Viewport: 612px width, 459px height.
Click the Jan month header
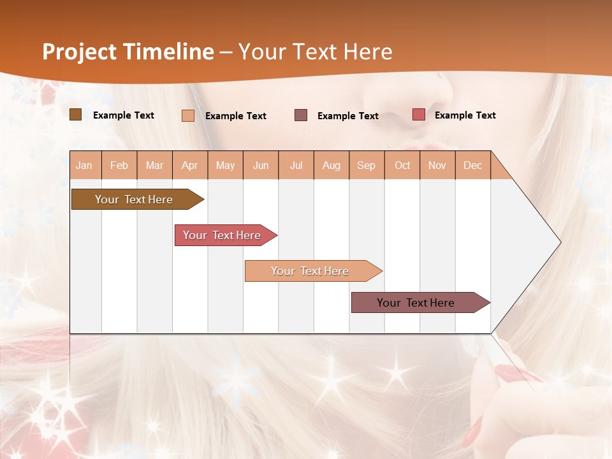(x=84, y=165)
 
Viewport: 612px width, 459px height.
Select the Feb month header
(x=119, y=165)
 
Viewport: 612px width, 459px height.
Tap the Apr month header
(x=189, y=165)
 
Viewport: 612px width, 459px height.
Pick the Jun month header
(x=261, y=165)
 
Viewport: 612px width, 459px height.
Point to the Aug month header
(x=331, y=165)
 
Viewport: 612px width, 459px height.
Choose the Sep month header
(x=366, y=165)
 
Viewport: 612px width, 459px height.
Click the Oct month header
(x=402, y=165)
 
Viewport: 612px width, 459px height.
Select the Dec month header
(x=472, y=165)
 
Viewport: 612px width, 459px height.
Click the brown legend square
(x=76, y=115)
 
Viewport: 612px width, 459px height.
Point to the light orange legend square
(x=188, y=115)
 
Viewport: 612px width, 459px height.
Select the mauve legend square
(x=301, y=115)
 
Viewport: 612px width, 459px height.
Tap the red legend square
(x=418, y=115)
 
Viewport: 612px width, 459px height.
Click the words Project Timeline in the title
(x=127, y=52)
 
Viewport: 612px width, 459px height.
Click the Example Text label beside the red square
(x=465, y=115)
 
